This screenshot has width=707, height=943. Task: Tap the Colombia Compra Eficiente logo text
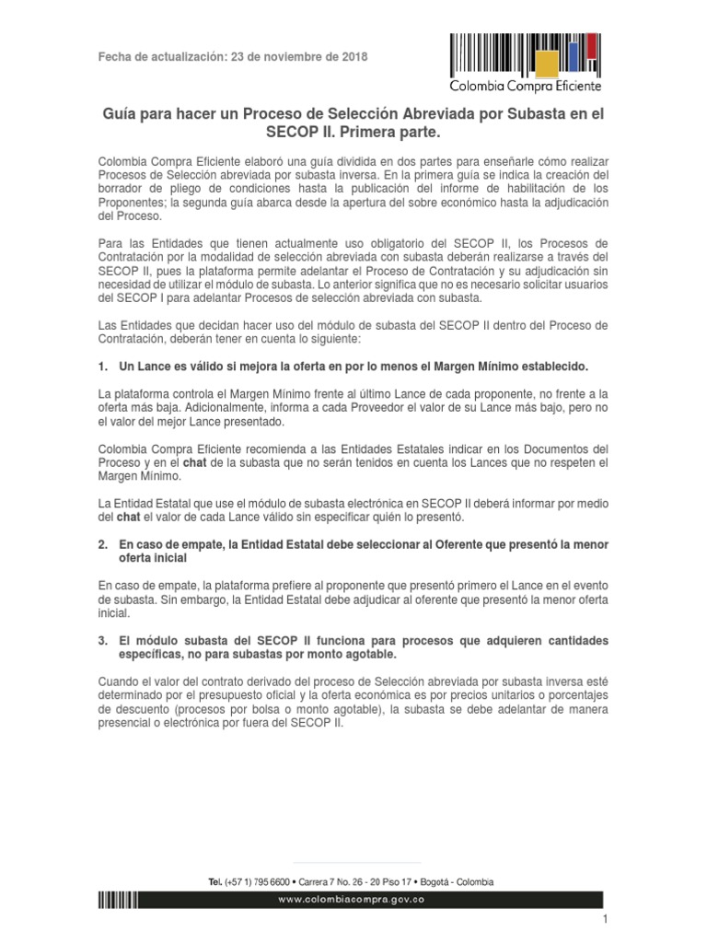coord(525,86)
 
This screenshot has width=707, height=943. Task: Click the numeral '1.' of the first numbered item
coord(103,366)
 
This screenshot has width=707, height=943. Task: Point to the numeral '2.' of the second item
coord(103,545)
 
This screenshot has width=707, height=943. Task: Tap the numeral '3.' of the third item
coord(103,639)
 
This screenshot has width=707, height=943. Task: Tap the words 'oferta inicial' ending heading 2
coord(153,558)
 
